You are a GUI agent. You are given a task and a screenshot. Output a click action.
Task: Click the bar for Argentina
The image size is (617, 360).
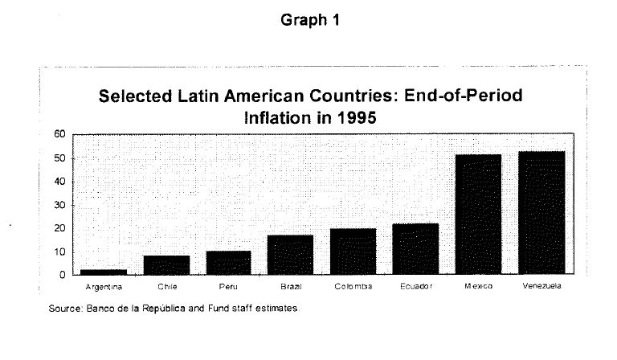[x=103, y=272]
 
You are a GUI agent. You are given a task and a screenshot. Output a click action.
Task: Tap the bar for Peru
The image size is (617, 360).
[x=228, y=263]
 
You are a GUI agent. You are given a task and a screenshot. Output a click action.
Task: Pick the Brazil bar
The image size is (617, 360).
[x=291, y=255]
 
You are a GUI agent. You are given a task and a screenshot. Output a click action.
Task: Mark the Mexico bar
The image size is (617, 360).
[x=478, y=215]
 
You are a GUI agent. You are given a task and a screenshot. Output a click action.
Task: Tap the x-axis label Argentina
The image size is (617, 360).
[x=103, y=287]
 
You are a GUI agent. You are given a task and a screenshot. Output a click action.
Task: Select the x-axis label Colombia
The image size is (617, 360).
[x=353, y=287]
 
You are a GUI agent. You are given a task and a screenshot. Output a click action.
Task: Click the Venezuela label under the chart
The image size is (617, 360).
[x=541, y=287]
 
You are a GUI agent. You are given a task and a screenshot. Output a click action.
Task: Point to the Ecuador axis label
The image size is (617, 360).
[x=415, y=287]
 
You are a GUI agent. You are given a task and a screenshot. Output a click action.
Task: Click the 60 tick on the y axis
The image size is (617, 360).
[x=59, y=134]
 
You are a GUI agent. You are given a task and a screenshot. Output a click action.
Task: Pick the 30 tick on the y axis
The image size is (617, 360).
[x=59, y=205]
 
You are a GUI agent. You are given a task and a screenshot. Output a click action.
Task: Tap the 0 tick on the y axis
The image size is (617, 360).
[x=62, y=275]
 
